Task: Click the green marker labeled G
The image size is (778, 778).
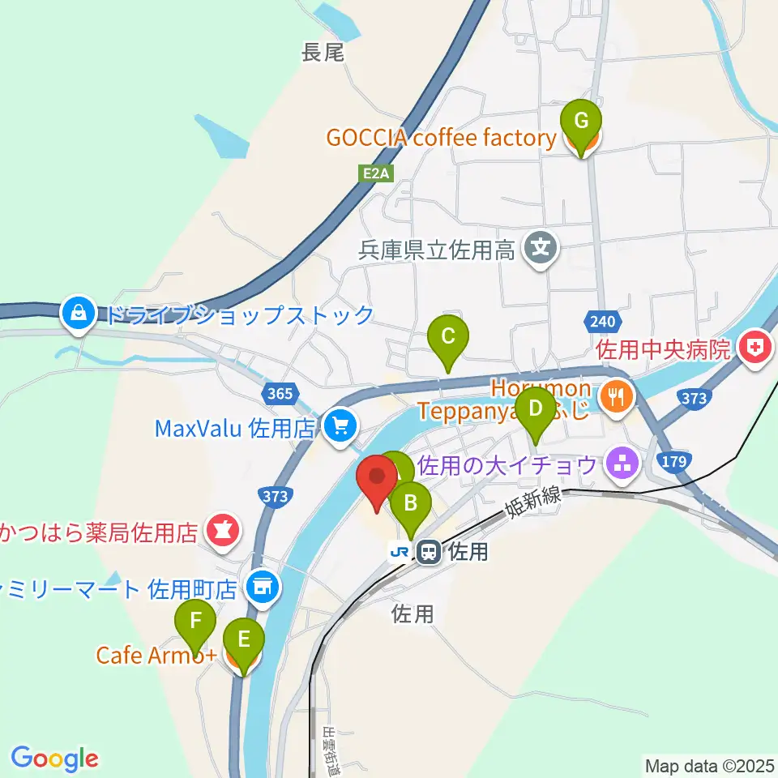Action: [x=581, y=122]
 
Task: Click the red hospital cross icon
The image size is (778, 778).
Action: [x=754, y=349]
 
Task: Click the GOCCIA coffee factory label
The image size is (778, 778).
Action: [x=441, y=138]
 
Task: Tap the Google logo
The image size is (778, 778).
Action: [x=54, y=759]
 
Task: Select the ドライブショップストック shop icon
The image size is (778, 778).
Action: [x=79, y=314]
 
